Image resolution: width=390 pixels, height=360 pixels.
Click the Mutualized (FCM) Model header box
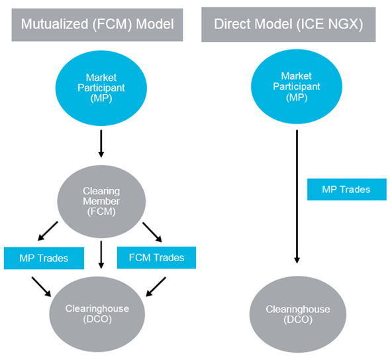[97, 25]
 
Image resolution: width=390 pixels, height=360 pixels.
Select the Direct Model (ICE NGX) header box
[289, 25]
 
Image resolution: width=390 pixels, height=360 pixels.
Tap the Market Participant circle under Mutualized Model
[101, 88]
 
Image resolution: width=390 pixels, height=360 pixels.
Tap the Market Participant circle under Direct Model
[297, 86]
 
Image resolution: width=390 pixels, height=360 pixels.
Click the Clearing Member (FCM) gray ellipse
[101, 202]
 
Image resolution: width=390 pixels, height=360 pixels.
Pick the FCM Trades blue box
[156, 258]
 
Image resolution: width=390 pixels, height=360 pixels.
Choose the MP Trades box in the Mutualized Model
[44, 258]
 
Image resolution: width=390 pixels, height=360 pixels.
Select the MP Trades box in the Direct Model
[347, 190]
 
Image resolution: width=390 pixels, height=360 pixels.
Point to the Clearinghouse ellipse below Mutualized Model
[97, 314]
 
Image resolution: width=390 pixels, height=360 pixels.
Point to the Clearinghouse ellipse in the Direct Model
[298, 314]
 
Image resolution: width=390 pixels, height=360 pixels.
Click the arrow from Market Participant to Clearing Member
[101, 144]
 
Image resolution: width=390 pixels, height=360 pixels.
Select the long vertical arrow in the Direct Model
[297, 196]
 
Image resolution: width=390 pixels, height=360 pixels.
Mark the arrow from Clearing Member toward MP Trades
[48, 231]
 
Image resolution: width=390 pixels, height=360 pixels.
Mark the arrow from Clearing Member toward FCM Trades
[152, 232]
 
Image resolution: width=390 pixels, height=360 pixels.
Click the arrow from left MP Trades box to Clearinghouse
[41, 287]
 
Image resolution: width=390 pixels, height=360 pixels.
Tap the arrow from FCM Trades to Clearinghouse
[156, 287]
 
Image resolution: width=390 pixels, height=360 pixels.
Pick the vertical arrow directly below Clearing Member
[101, 255]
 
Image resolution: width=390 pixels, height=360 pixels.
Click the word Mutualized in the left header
[55, 24]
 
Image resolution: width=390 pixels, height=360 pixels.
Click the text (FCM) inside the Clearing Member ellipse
[101, 211]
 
